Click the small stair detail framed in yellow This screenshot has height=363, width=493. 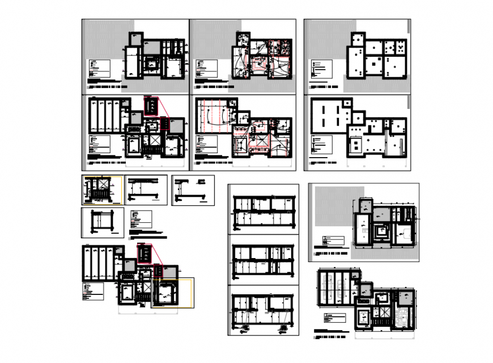click(103, 190)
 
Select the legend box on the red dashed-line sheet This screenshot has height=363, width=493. click(205, 144)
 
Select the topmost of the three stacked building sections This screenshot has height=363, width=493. click(265, 209)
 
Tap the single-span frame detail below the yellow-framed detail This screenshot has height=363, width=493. click(102, 221)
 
